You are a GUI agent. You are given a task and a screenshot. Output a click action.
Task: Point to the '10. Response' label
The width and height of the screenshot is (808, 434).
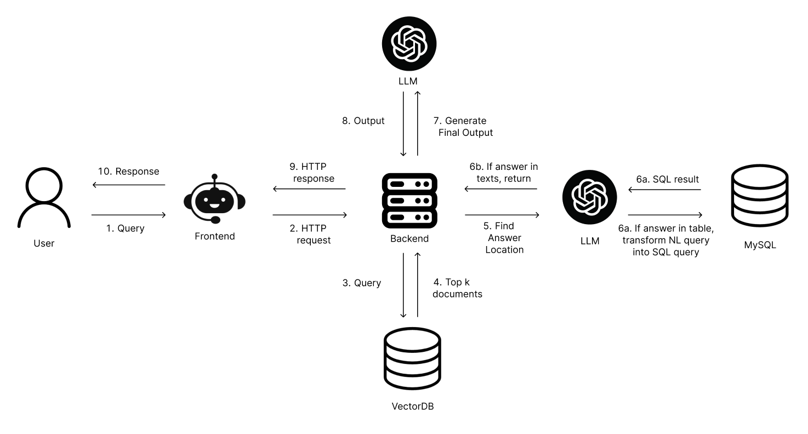pos(128,172)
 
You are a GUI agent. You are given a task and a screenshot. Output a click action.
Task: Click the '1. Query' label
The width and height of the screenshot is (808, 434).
pos(125,228)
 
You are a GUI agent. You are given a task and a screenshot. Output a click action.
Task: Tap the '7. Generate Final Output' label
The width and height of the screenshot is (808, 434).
pos(465,127)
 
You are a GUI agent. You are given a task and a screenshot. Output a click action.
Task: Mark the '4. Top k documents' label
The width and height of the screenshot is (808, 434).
pos(457,288)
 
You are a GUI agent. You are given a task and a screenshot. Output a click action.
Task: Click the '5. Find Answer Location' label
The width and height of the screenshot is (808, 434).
pos(504,237)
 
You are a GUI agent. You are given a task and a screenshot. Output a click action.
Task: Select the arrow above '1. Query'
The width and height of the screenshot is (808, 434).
pos(128,215)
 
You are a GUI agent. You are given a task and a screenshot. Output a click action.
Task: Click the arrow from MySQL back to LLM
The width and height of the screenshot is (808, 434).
pos(664,190)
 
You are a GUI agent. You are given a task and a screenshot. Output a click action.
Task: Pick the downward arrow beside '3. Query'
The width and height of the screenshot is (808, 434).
pos(404,285)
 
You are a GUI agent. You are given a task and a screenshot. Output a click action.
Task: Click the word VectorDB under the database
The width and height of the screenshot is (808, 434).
pos(412,407)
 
